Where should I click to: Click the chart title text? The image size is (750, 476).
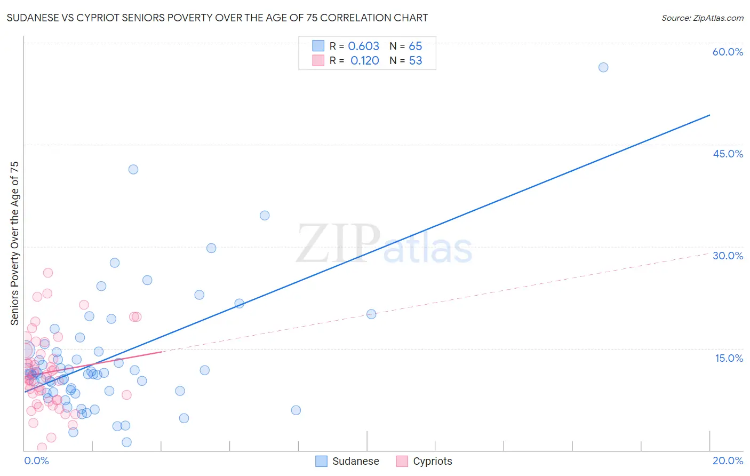217,18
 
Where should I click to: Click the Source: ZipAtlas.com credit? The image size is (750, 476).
702,18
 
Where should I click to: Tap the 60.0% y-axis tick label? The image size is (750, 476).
728,52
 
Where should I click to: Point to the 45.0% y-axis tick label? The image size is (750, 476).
728,154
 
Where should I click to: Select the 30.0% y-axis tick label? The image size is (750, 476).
728,256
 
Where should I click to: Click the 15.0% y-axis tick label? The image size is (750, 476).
729,358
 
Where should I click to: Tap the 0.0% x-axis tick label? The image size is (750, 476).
36,461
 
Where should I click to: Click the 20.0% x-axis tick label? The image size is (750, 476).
728,461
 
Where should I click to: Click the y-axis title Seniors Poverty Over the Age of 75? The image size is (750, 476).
14,243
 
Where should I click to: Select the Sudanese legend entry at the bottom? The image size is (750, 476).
348,461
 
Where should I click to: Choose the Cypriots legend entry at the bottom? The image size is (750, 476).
425,461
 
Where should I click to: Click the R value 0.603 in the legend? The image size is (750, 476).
363,46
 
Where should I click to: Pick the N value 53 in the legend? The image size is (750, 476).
416,61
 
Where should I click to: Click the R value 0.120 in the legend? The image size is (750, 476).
364,61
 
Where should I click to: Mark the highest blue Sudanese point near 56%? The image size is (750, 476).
603,67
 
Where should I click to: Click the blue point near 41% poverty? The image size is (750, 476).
133,169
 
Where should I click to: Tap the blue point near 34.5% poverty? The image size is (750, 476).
265,216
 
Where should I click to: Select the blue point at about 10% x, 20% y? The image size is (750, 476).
371,314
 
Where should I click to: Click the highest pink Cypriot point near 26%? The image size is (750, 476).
48,273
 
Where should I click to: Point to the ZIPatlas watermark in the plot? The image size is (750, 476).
384,244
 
